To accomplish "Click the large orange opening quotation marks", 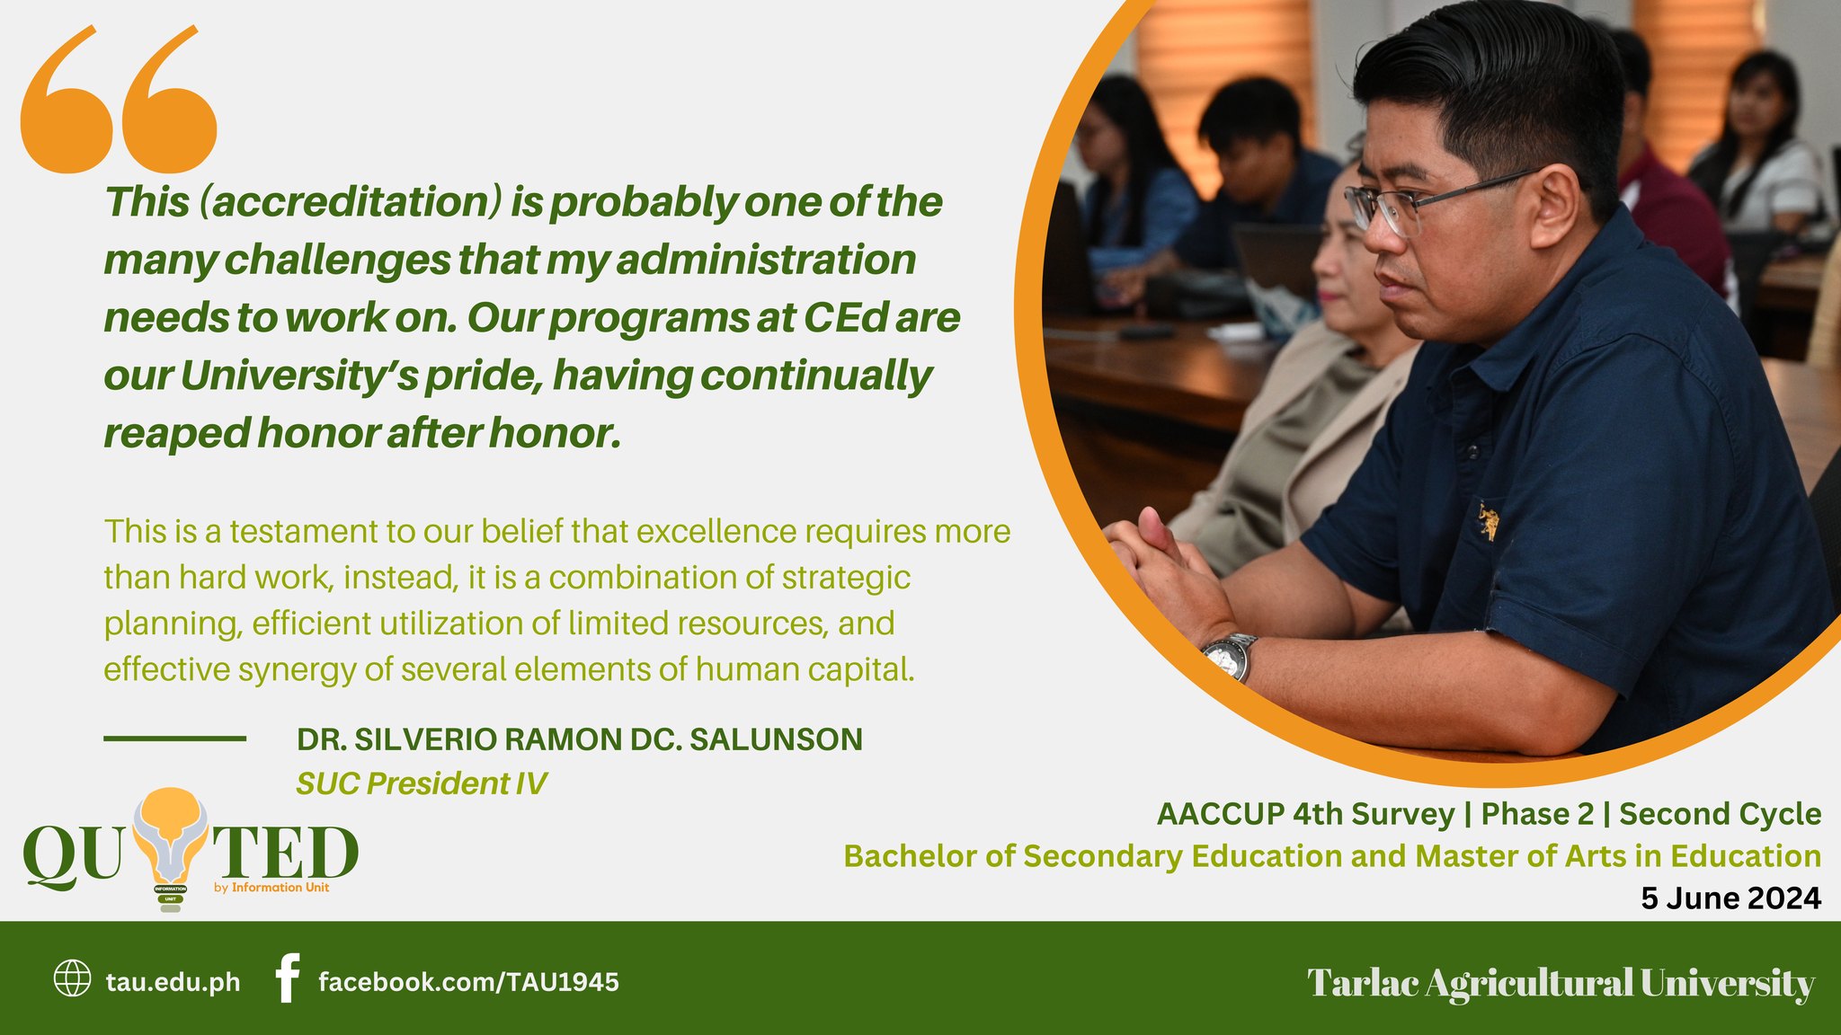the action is point(118,101).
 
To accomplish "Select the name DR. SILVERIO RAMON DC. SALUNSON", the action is point(579,739).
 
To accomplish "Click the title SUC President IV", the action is point(421,783).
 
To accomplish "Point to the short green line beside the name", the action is point(174,739).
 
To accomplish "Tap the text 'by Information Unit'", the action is point(271,888).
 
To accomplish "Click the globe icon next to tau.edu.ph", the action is point(72,979).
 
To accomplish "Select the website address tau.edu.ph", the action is point(173,982).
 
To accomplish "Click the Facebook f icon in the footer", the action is point(286,979).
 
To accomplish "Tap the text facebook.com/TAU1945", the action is point(468,982).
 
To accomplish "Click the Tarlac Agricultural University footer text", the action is point(1561,983).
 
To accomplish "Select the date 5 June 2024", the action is point(1730,898).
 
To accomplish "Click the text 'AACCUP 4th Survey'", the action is point(1304,814).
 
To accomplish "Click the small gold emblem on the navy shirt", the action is point(1488,521).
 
